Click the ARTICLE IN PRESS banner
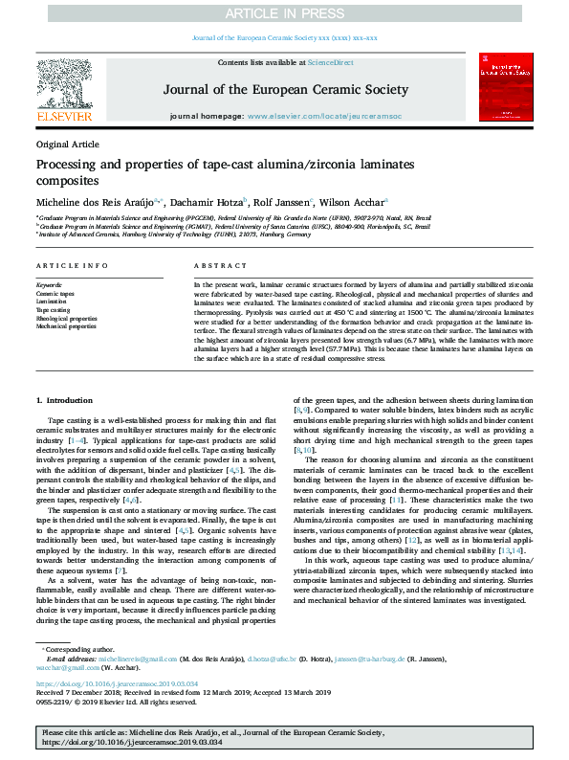click(x=284, y=12)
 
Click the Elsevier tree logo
click(x=64, y=87)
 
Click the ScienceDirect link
click(x=330, y=62)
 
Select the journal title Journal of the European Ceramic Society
click(x=286, y=90)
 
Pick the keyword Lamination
click(x=52, y=302)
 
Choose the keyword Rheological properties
click(x=66, y=318)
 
